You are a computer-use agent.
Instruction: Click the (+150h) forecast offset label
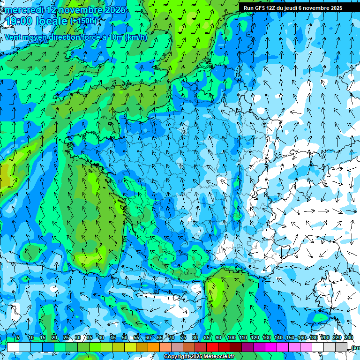(x=84, y=21)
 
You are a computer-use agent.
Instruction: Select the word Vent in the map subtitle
(x=14, y=37)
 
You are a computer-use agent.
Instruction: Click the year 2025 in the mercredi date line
(x=115, y=10)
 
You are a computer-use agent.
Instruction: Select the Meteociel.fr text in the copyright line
(x=220, y=357)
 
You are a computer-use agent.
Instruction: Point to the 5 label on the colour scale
(x=18, y=338)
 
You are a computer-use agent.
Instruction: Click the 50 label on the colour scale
(x=125, y=338)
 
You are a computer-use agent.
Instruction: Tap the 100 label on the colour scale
(x=231, y=338)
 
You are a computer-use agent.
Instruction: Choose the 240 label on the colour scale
(x=349, y=338)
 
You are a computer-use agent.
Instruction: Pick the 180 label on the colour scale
(x=313, y=338)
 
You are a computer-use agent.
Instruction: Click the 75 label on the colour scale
(x=183, y=338)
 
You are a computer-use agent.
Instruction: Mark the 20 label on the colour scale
(x=54, y=338)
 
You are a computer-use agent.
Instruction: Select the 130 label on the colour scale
(x=266, y=338)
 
